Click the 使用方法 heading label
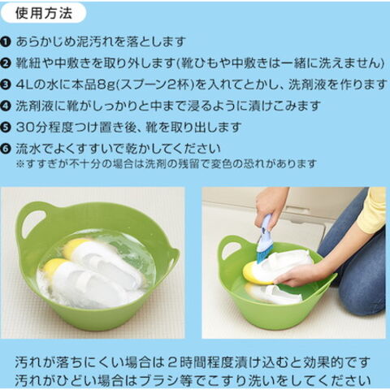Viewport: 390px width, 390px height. click(44, 13)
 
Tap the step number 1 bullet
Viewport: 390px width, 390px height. click(5, 42)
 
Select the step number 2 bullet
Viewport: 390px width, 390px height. click(5, 63)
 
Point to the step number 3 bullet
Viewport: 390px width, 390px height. click(5, 85)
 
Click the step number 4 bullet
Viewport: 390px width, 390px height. click(5, 106)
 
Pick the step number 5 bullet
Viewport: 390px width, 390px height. click(5, 128)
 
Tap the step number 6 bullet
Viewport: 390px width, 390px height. click(5, 149)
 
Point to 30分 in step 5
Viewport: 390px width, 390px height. click(32, 128)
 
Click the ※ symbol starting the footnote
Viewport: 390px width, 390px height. click(20, 164)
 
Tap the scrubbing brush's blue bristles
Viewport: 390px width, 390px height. click(262, 256)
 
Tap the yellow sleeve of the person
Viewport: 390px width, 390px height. click(372, 210)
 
